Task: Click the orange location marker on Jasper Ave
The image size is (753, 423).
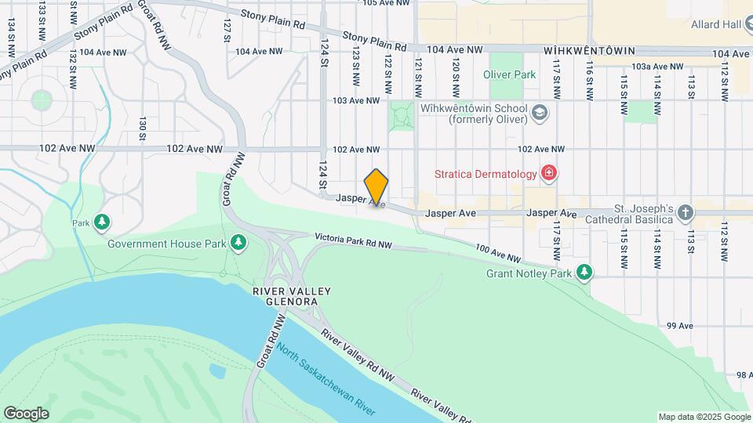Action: click(x=376, y=187)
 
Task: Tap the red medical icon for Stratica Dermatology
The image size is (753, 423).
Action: click(x=548, y=173)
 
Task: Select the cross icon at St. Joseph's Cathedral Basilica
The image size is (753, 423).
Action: click(x=686, y=213)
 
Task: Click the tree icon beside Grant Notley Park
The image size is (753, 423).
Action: click(x=584, y=273)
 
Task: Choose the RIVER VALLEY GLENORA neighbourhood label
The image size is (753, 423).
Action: click(x=291, y=297)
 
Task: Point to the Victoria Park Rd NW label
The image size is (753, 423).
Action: click(x=353, y=240)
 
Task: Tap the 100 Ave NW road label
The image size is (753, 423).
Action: click(x=497, y=253)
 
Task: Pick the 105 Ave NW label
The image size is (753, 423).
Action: click(x=387, y=4)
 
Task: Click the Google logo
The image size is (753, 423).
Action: click(x=26, y=414)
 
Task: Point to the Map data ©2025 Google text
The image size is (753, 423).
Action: click(x=704, y=417)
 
